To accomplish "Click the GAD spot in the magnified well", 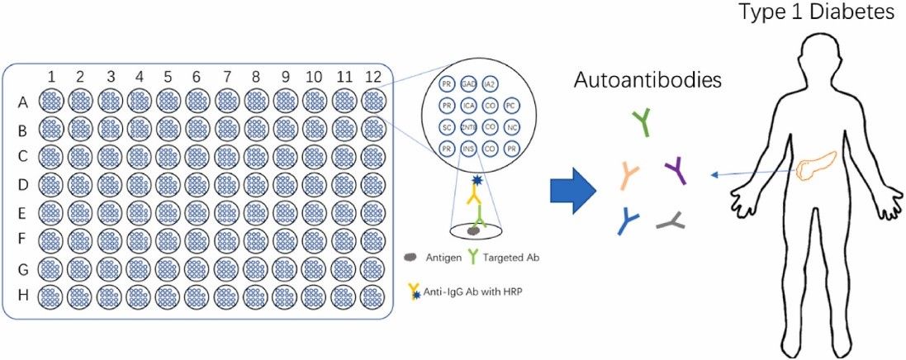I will [x=468, y=85].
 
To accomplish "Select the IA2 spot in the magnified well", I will [x=489, y=85].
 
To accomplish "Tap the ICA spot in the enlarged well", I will [x=468, y=107].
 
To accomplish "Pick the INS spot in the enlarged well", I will [x=468, y=149].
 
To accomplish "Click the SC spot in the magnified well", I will [x=447, y=128].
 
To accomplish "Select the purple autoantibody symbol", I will [x=676, y=172].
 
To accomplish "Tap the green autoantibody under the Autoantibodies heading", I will [x=642, y=122].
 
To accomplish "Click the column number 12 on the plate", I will [x=372, y=77].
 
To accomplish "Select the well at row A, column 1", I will [x=51, y=102].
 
